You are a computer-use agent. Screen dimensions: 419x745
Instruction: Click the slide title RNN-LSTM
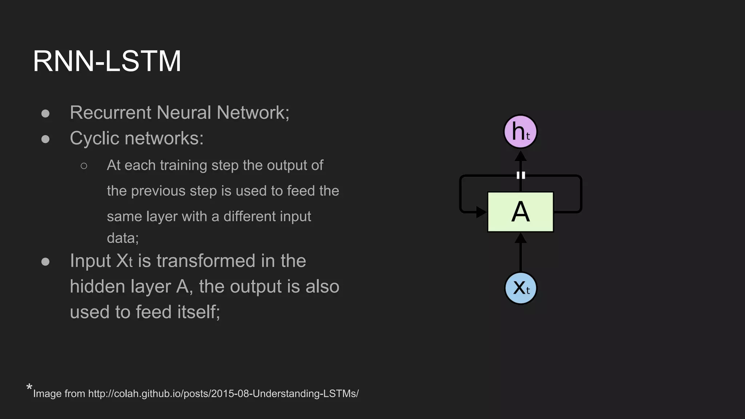(x=107, y=61)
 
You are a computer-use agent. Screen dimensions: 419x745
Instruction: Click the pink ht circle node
(x=520, y=132)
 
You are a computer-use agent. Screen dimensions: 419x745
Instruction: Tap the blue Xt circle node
(x=521, y=288)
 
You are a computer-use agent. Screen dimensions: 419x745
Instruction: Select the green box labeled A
(x=520, y=212)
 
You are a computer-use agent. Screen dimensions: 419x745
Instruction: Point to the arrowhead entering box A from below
(x=521, y=239)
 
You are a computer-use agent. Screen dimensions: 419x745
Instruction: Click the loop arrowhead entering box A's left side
(x=481, y=212)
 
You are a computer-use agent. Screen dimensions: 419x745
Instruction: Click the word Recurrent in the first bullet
(x=110, y=112)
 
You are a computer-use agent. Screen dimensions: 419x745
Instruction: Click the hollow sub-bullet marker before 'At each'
(x=84, y=166)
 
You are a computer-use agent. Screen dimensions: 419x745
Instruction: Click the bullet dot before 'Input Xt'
(x=45, y=262)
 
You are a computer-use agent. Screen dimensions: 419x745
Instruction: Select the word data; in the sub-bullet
(x=123, y=238)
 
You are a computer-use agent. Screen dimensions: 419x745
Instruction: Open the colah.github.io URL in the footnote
(x=223, y=394)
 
